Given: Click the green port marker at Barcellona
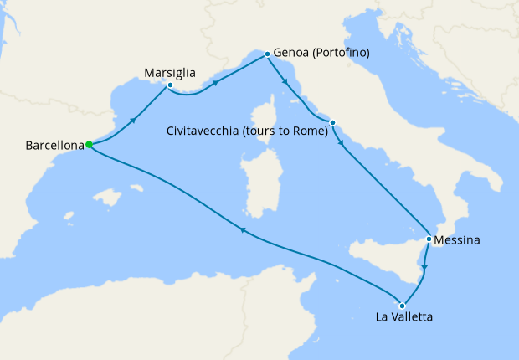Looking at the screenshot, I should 89,145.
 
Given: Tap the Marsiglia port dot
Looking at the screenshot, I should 170,85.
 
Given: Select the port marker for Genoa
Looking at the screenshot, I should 267,54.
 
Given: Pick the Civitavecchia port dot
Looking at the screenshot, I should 332,123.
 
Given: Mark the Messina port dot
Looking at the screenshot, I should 429,239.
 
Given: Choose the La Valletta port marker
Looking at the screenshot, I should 403,306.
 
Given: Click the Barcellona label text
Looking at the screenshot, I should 54,145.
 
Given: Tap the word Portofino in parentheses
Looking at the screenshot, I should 340,53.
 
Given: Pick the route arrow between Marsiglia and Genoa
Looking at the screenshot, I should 217,83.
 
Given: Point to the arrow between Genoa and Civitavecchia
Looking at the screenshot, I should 287,82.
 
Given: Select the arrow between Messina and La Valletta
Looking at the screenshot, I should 424,269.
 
